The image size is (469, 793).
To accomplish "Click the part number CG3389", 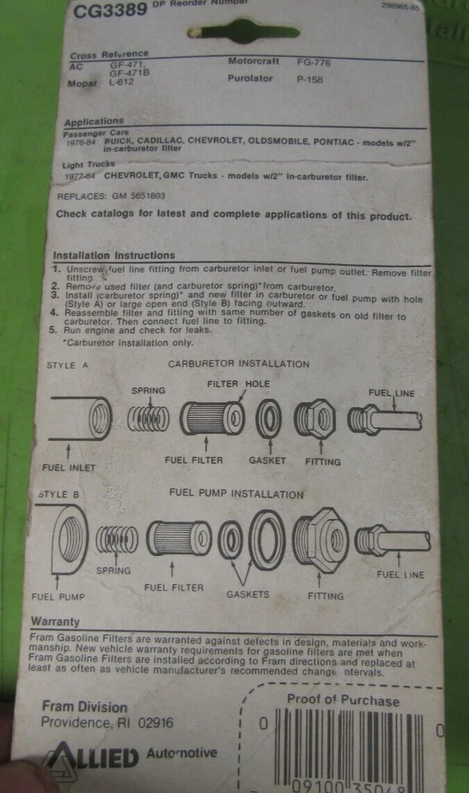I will [x=110, y=11].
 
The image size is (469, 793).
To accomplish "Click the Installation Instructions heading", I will [x=114, y=255].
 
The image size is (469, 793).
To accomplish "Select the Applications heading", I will [x=93, y=121].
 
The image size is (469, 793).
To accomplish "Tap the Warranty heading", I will [x=54, y=621].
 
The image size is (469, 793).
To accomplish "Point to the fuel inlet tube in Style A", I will [x=80, y=419].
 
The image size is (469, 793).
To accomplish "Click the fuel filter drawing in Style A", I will [x=211, y=418].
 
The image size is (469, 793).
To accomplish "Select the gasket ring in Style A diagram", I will [x=269, y=418].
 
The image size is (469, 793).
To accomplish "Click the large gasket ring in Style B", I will [x=267, y=540].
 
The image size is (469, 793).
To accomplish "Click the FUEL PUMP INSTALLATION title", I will [x=236, y=494].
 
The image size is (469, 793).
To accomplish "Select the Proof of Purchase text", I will [x=343, y=700].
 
